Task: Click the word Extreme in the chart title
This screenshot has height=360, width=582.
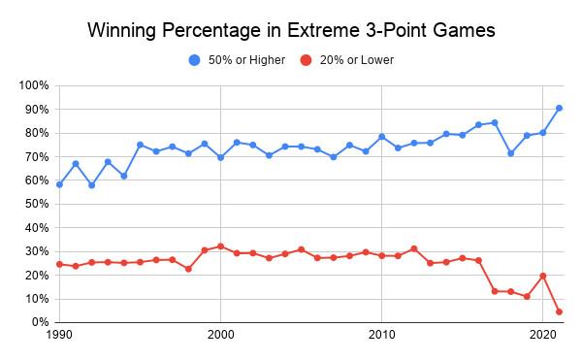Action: (320, 30)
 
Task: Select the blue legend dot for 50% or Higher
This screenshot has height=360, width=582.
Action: (195, 60)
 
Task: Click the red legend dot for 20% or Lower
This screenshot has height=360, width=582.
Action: (306, 60)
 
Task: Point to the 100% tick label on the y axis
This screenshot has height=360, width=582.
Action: (34, 85)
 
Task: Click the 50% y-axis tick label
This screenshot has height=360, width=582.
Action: (37, 204)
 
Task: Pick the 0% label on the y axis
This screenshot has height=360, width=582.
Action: (40, 322)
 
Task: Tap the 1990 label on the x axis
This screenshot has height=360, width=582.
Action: (59, 335)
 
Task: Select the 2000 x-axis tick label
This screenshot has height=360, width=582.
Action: (220, 335)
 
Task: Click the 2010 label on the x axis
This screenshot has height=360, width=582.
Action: (381, 335)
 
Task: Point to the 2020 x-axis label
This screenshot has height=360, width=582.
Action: (542, 335)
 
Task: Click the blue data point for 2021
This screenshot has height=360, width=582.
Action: (559, 108)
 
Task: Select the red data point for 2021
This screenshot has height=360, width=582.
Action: (559, 311)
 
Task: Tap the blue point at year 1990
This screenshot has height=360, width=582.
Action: (59, 184)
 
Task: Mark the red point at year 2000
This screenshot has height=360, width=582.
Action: (220, 246)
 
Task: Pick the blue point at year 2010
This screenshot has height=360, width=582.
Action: (381, 137)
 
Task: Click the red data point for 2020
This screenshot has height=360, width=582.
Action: (542, 276)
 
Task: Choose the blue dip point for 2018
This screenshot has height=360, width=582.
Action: (511, 153)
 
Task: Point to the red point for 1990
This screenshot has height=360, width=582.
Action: (59, 264)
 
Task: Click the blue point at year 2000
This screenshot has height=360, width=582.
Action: (220, 157)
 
